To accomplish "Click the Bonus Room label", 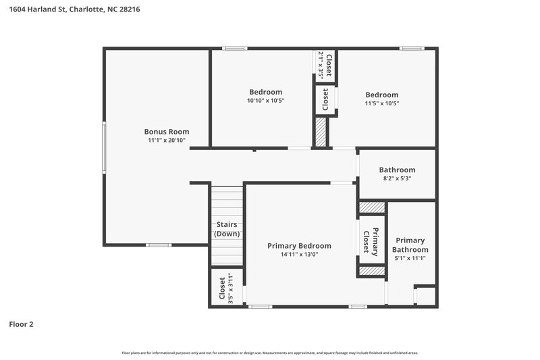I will [166, 132].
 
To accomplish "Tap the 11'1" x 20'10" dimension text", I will [166, 140].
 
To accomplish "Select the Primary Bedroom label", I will [299, 246].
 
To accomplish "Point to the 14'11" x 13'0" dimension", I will [299, 255].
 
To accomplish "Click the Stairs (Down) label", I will [227, 229].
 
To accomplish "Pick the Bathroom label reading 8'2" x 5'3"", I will [397, 170].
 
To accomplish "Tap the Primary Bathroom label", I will [410, 245].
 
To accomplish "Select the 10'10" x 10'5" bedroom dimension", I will [265, 101].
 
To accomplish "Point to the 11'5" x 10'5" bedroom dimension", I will [381, 103].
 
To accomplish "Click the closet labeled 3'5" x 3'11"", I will [225, 288].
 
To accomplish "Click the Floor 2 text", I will [21, 324].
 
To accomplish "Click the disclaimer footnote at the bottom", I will [270, 353].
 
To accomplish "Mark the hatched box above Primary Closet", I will [371, 207].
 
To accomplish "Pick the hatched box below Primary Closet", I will [371, 271].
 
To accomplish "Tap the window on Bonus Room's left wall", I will [104, 147].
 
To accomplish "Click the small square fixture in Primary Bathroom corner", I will [425, 296].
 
